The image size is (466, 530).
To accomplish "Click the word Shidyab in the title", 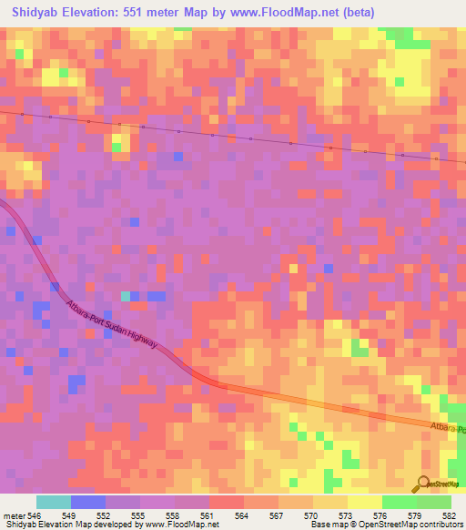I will coord(34,12).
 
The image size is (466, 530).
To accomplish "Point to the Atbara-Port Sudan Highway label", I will coord(112,324).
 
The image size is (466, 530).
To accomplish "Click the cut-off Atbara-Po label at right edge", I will coord(448,428).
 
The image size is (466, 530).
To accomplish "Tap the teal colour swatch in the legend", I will coord(54,502).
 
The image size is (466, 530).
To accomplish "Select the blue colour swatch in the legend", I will coord(88,502).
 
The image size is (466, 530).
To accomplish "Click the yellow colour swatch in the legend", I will coord(364,502).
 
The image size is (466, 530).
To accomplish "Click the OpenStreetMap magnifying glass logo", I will coord(422,483).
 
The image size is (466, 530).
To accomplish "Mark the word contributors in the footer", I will coord(435,525).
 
